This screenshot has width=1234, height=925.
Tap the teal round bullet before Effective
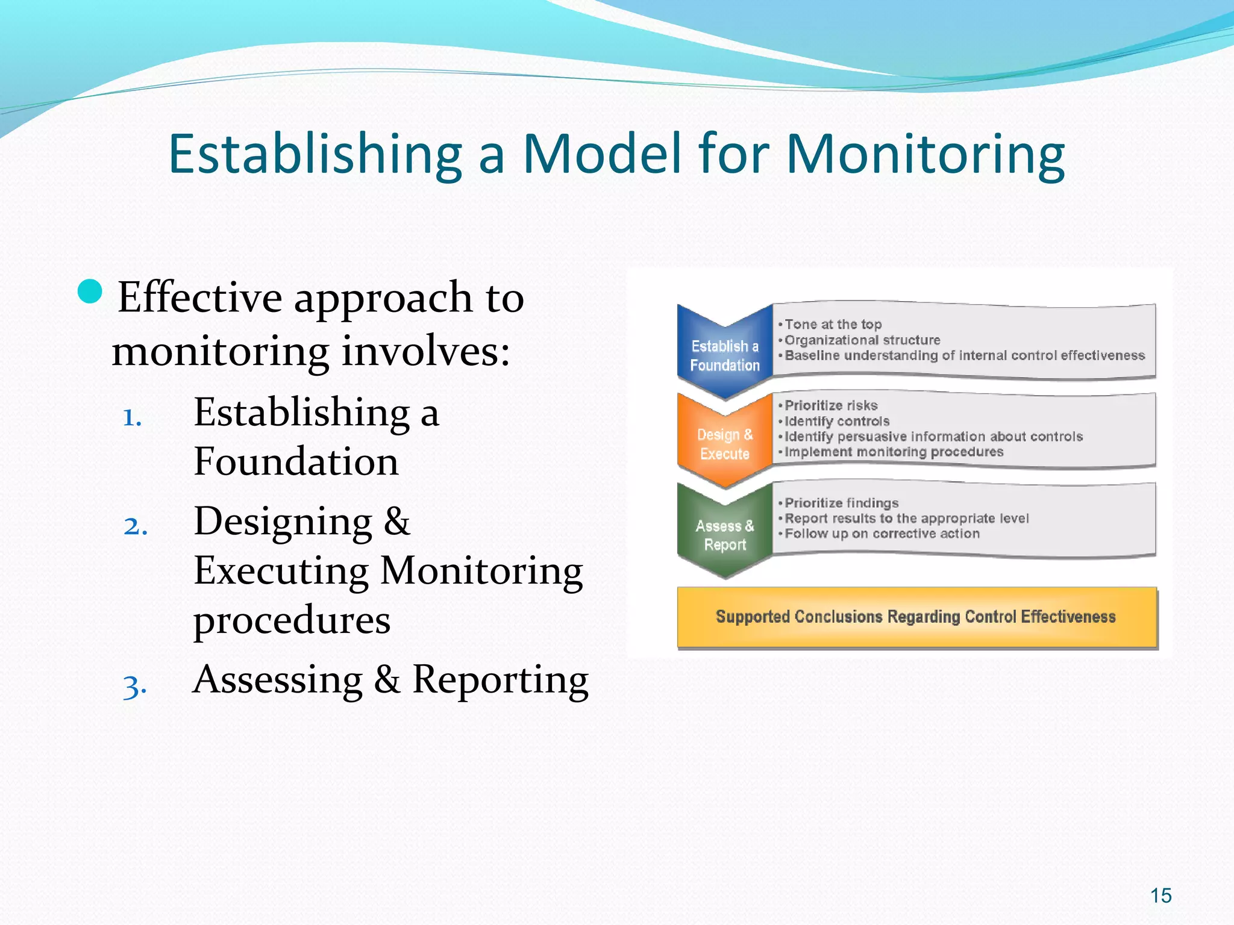(x=90, y=292)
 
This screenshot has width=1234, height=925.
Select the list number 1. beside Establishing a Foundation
(x=132, y=417)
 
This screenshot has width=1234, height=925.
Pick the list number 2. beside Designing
(x=136, y=526)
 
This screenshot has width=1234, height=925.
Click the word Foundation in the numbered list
(x=296, y=462)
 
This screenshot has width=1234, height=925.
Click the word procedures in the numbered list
(x=292, y=620)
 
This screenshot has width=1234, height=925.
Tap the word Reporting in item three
(x=500, y=680)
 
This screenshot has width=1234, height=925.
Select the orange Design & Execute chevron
(x=725, y=444)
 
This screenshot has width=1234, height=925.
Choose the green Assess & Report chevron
(x=725, y=535)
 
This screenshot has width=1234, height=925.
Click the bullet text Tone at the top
(x=833, y=325)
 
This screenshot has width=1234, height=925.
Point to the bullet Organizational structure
(x=862, y=340)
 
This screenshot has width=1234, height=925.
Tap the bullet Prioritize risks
(x=831, y=406)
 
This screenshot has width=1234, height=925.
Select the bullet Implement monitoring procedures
(x=894, y=452)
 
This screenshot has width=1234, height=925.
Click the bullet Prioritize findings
(x=841, y=503)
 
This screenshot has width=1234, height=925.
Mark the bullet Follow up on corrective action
(x=882, y=534)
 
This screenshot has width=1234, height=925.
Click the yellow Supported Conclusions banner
(x=916, y=617)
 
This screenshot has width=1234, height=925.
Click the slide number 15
(x=1160, y=895)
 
